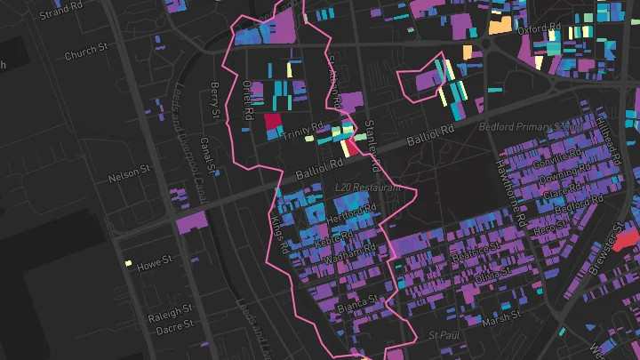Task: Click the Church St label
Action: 85,55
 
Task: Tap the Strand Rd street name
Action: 61,11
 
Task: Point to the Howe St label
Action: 154,263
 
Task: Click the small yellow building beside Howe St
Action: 129,263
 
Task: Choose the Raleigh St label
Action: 169,315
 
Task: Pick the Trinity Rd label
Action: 304,128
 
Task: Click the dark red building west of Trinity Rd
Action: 272,124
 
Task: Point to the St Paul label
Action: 442,334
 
